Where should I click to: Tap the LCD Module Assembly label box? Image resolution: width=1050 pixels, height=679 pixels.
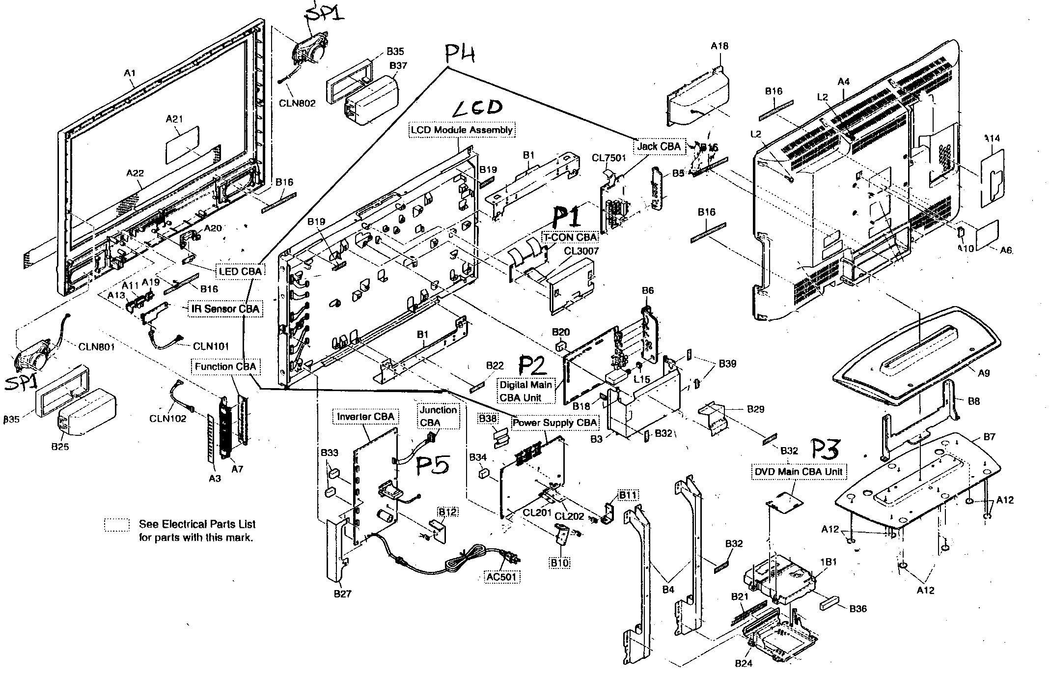tap(462, 130)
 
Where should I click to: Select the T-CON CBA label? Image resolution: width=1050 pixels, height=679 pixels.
tap(570, 237)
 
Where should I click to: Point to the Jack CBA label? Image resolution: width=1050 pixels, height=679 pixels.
tap(659, 146)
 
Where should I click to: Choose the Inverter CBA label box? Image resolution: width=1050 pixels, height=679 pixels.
tap(365, 417)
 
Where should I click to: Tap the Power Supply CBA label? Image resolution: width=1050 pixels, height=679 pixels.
tap(555, 423)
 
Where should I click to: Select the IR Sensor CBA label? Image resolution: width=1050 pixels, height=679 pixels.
tap(224, 309)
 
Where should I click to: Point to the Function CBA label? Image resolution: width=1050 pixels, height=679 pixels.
tap(225, 367)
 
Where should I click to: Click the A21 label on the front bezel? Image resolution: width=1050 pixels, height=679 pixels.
tap(174, 119)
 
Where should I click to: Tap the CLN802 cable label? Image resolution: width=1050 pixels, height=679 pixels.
tap(297, 103)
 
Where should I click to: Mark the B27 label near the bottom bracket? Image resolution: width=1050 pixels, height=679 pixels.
tap(342, 594)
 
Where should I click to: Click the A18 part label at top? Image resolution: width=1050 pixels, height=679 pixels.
tap(719, 46)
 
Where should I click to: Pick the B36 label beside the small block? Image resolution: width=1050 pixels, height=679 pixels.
tap(857, 609)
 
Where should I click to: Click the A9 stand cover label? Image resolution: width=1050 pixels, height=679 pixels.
tap(983, 373)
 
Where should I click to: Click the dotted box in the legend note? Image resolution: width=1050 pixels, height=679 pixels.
tap(117, 525)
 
